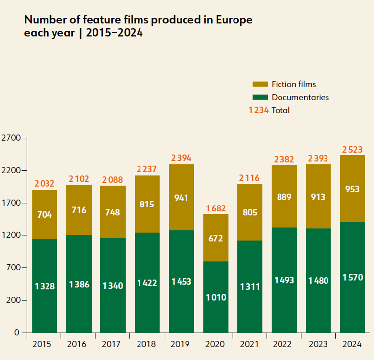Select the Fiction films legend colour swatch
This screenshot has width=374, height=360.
pyautogui.click(x=260, y=84)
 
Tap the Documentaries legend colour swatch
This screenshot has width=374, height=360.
pyautogui.click(x=260, y=97)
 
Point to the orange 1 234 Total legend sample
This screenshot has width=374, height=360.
pyautogui.click(x=259, y=110)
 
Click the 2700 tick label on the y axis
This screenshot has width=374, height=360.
pyautogui.click(x=10, y=138)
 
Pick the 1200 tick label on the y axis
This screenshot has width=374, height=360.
pyautogui.click(x=10, y=235)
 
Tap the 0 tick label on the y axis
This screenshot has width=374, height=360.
pyautogui.click(x=16, y=333)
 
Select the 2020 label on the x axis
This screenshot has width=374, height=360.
pyautogui.click(x=216, y=344)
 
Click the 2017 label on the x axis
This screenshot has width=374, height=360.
pyautogui.click(x=113, y=344)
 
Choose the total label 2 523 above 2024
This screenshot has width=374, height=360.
pyautogui.click(x=352, y=149)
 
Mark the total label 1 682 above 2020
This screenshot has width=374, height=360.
pyautogui.click(x=216, y=208)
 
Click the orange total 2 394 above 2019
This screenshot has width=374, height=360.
pyautogui.click(x=181, y=158)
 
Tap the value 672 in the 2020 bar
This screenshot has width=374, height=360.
pyautogui.click(x=216, y=238)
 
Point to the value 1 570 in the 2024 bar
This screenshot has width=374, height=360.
pyautogui.click(x=352, y=278)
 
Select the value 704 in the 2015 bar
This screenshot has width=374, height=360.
pyautogui.click(x=45, y=215)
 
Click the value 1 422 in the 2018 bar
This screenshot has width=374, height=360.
pyautogui.click(x=147, y=283)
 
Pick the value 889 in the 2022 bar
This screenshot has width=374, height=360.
pyautogui.click(x=284, y=197)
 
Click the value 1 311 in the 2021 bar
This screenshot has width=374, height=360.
pyautogui.click(x=250, y=287)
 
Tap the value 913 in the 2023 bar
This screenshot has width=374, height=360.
pyautogui.click(x=318, y=197)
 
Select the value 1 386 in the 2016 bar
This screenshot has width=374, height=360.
pyautogui.click(x=79, y=284)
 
